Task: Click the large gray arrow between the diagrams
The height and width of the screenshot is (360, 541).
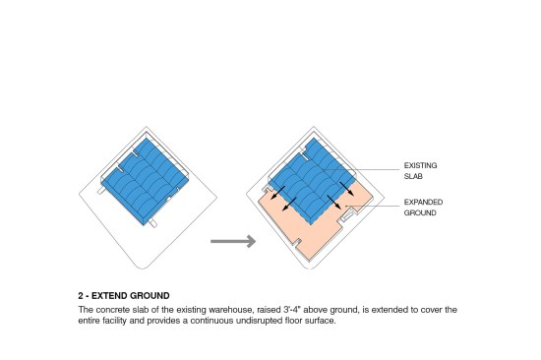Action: click(x=233, y=241)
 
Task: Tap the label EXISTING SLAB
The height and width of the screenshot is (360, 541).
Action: click(x=420, y=171)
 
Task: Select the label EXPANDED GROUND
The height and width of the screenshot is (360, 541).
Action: click(x=423, y=208)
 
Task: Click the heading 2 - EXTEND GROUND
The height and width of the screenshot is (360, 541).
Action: click(x=124, y=296)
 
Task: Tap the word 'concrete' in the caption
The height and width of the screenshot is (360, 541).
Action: click(x=113, y=310)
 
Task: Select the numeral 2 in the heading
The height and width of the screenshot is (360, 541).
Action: click(x=81, y=296)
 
